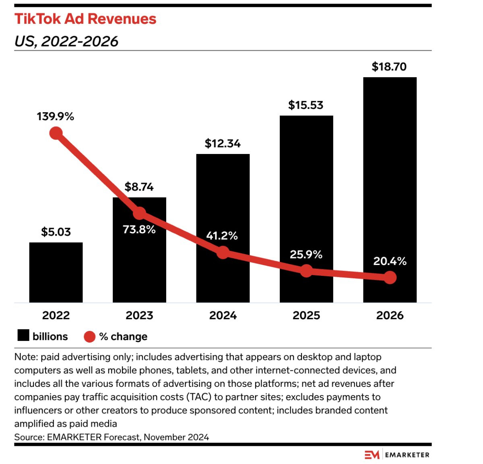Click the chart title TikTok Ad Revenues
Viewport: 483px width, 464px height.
tap(85, 19)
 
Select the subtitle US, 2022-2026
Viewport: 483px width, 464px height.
tap(66, 41)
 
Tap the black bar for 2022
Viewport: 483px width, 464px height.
tap(56, 272)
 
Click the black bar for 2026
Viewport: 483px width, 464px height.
tap(390, 190)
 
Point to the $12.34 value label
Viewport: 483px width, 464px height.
tap(223, 144)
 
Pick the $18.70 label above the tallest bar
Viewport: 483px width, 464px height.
tap(389, 67)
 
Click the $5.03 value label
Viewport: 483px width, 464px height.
tap(56, 232)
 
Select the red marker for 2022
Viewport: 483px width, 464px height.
tap(56, 133)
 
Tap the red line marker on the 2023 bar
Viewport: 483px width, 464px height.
tap(140, 213)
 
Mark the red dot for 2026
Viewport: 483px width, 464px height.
tap(390, 277)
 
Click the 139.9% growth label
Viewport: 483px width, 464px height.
tap(56, 117)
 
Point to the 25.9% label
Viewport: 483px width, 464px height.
tap(306, 255)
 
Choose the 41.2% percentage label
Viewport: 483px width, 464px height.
tap(222, 236)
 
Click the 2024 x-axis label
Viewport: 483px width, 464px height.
tap(223, 316)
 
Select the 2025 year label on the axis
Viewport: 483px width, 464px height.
tap(306, 316)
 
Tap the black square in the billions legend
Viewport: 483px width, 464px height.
tap(23, 335)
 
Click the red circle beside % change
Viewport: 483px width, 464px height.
tap(90, 337)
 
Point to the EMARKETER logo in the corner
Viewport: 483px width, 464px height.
tap(397, 455)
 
